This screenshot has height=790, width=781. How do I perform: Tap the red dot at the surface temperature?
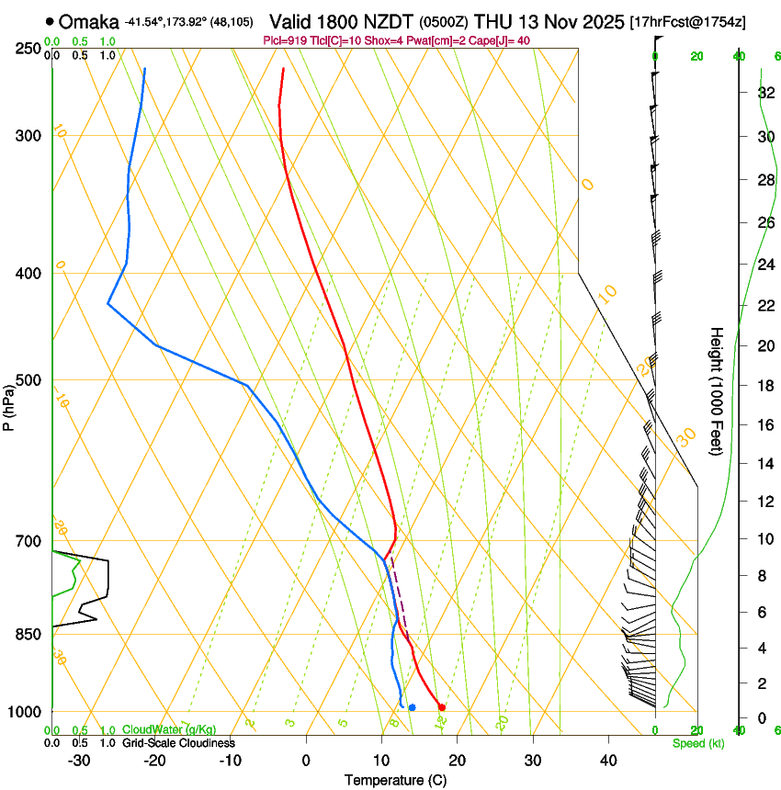pyautogui.click(x=442, y=707)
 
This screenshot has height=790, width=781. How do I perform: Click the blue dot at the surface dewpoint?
pyautogui.click(x=412, y=707)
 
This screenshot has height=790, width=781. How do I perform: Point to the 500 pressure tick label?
pyautogui.click(x=28, y=380)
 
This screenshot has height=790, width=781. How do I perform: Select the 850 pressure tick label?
pyautogui.click(x=28, y=634)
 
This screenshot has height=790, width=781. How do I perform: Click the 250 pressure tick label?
pyautogui.click(x=28, y=48)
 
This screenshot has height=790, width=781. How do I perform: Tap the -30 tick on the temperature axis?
pyautogui.click(x=79, y=761)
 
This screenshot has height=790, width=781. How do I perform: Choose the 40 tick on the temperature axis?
pyautogui.click(x=608, y=761)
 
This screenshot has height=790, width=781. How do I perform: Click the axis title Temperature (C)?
pyautogui.click(x=395, y=780)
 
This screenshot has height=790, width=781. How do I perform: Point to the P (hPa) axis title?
pyautogui.click(x=8, y=401)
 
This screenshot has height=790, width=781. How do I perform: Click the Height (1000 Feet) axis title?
pyautogui.click(x=717, y=391)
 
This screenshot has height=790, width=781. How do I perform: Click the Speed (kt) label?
pyautogui.click(x=698, y=743)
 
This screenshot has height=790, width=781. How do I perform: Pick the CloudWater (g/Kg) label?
pyautogui.click(x=169, y=730)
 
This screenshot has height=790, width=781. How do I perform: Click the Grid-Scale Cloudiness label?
pyautogui.click(x=177, y=743)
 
